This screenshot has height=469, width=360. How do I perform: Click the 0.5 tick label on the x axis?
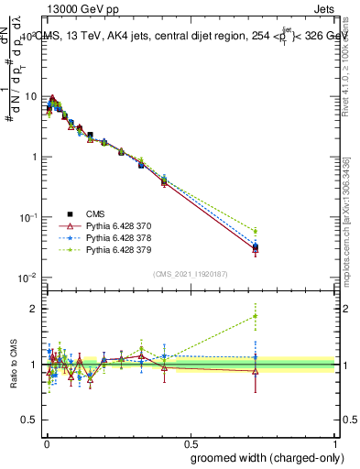(191, 441)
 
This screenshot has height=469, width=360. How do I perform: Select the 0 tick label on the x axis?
(45, 441)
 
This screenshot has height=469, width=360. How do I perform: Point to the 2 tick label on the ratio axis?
(34, 309)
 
